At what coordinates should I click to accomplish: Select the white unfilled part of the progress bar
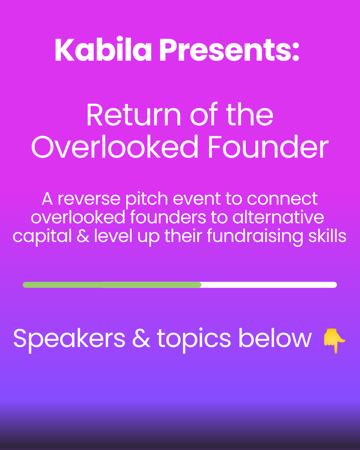pos(268,285)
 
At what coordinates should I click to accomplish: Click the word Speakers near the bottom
pos(69,339)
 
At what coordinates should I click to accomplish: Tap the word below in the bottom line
pos(275,338)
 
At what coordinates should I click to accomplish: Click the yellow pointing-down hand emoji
pos(334,340)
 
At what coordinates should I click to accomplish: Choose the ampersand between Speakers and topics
pos(141,339)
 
